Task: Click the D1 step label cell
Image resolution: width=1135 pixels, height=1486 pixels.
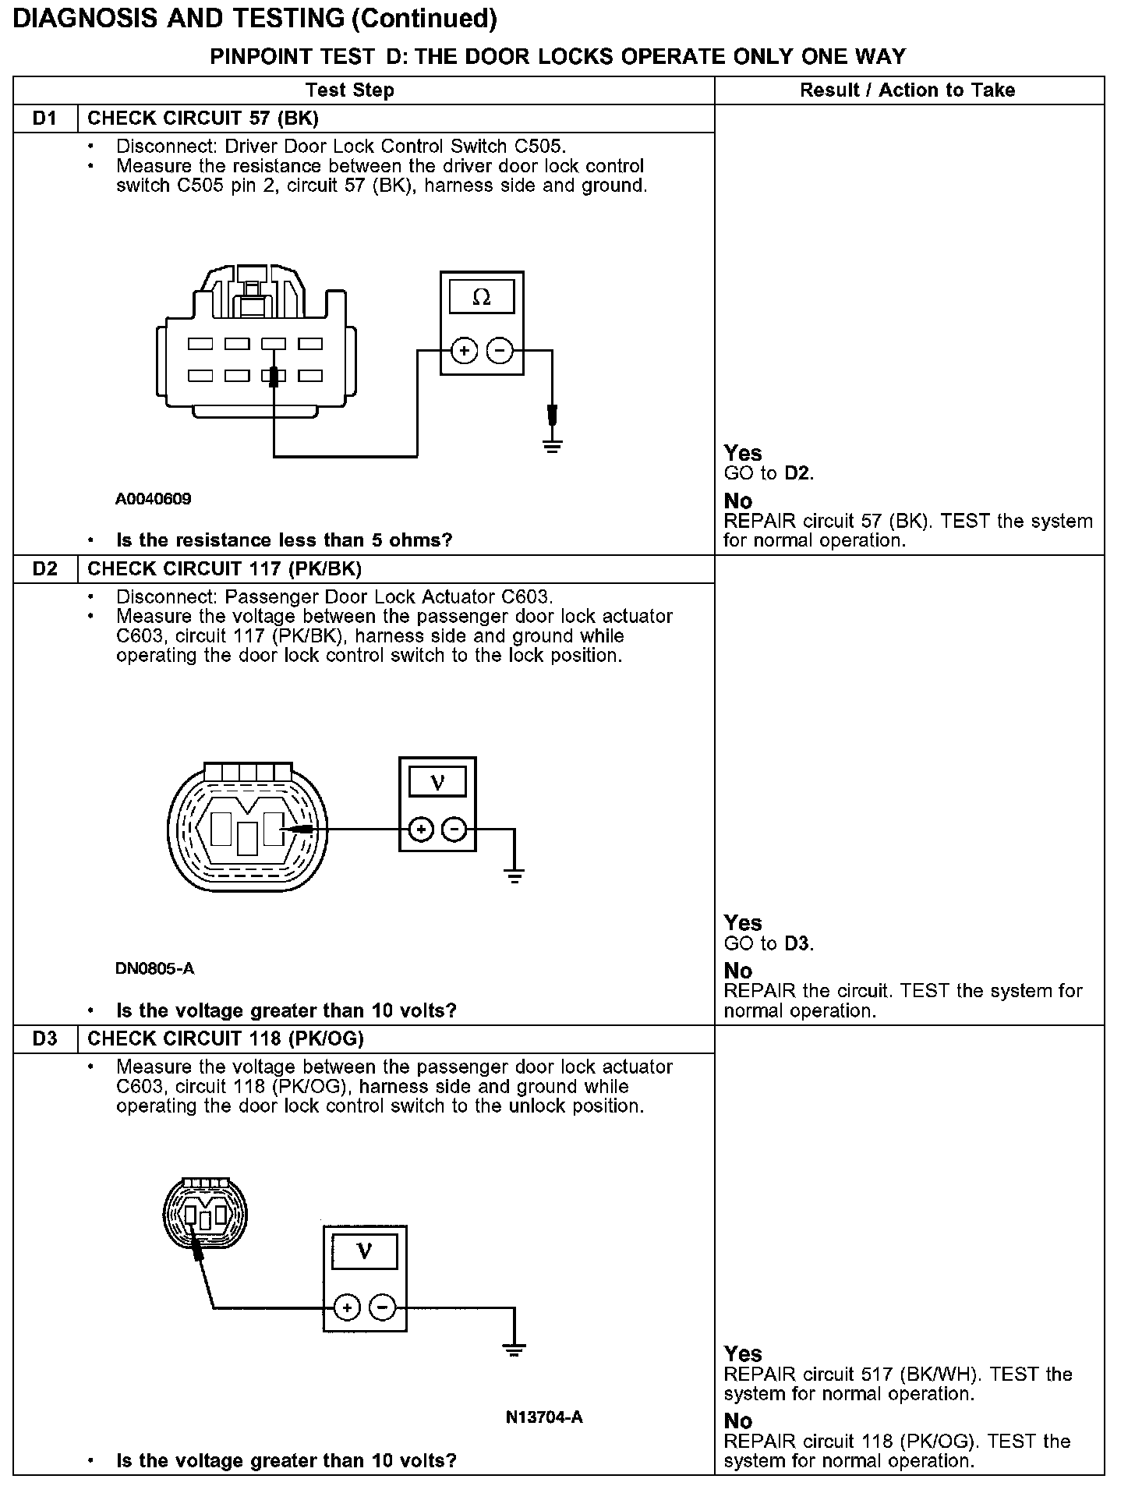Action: coord(45,119)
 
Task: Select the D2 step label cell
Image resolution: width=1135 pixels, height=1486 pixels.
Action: coord(45,569)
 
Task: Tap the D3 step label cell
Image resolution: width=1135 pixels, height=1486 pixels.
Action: coord(45,1038)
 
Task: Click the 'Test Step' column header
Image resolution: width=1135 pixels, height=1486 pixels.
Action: coord(350,90)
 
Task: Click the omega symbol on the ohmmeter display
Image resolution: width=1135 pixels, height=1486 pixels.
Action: coord(482,297)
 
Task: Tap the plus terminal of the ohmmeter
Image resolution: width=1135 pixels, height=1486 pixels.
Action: coord(464,352)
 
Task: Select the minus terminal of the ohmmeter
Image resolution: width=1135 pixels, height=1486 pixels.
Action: coord(499,352)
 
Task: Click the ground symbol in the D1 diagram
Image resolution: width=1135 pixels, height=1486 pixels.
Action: coord(553,446)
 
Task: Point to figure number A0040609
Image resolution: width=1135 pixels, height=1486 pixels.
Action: coord(153,499)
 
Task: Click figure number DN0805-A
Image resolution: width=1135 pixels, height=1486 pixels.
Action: coord(154,969)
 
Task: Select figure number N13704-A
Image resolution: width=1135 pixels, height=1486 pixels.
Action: coord(544,1417)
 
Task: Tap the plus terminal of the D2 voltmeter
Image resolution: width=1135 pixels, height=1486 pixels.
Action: coord(421,830)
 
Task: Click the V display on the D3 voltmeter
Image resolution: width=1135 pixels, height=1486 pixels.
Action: coord(364,1252)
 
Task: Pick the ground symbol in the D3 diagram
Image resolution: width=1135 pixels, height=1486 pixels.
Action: coord(514,1350)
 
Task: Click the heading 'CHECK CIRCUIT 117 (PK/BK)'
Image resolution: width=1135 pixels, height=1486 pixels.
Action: coord(225,569)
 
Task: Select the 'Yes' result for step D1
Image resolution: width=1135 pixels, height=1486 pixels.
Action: coord(743,453)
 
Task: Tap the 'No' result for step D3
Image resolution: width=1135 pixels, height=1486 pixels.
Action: coord(738,1421)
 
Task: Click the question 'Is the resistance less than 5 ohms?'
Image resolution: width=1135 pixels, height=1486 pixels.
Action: coord(284,540)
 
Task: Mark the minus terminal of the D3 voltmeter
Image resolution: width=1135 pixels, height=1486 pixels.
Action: coord(382,1307)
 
